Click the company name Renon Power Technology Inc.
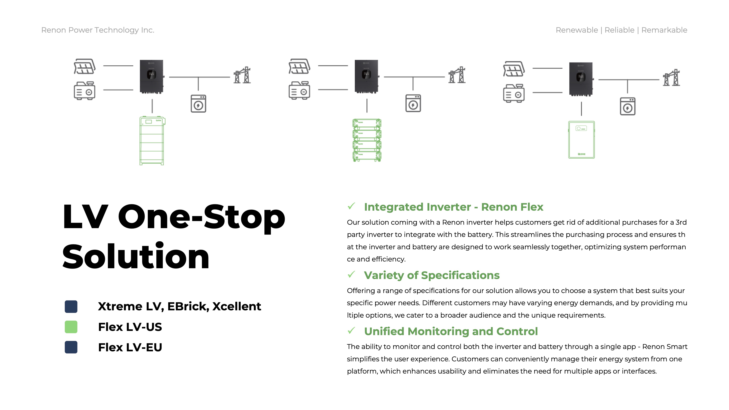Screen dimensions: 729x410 point(98,30)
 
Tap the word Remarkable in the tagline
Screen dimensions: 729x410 point(664,30)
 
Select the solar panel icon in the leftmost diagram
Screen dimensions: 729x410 point(85,66)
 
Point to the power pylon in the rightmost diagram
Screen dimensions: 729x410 point(672,77)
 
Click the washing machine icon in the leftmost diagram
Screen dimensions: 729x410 point(198,104)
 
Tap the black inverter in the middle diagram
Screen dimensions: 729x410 point(367,76)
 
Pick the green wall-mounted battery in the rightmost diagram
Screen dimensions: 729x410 point(582,140)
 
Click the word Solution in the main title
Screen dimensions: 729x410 point(136,257)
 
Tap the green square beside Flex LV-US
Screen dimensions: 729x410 point(71,327)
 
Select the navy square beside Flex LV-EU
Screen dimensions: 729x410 point(71,347)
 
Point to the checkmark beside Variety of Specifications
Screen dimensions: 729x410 point(352,274)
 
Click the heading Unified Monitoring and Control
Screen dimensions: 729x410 point(451,331)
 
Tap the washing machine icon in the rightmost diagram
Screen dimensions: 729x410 point(628,106)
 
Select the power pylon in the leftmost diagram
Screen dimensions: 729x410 point(242,75)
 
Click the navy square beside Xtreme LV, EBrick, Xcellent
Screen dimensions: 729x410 point(71,306)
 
